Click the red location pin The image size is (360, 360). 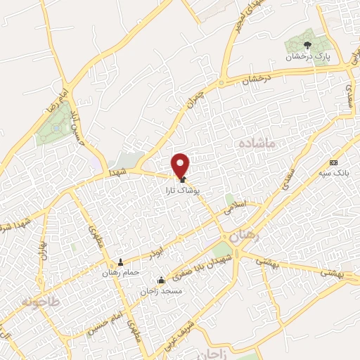coord(181,166)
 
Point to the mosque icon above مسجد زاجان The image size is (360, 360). coord(161,280)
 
